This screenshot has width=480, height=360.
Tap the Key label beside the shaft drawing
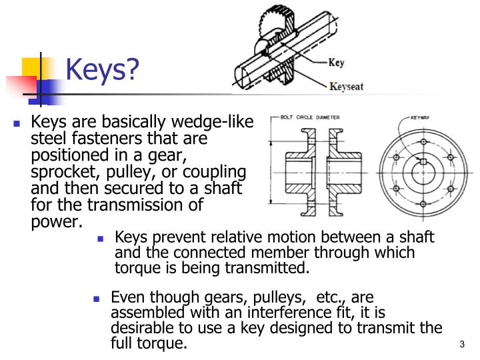(x=337, y=63)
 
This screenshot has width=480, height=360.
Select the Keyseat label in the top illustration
(x=346, y=87)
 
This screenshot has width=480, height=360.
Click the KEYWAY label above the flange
(x=420, y=117)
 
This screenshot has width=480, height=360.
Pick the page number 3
(x=462, y=344)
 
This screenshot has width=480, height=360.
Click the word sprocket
(x=62, y=172)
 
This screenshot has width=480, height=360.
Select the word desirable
(x=145, y=328)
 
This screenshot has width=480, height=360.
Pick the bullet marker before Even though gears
(x=97, y=299)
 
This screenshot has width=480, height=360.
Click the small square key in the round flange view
(x=422, y=162)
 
